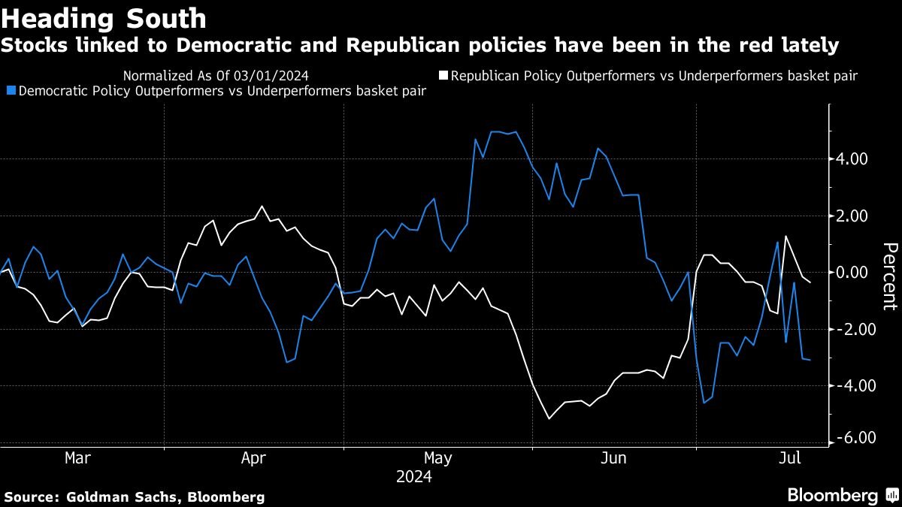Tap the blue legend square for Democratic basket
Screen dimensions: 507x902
[x=10, y=91]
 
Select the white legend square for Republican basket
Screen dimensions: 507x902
[x=443, y=75]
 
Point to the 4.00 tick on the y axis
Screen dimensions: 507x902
[x=853, y=159]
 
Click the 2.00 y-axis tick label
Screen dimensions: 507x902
[x=853, y=216]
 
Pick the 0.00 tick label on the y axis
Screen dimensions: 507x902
[x=853, y=273]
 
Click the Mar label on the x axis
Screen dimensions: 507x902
[x=78, y=457]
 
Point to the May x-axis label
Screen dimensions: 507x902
[x=437, y=457]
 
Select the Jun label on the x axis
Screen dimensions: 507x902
[x=613, y=457]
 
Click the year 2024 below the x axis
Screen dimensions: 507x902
[x=415, y=476]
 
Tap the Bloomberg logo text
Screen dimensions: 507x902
[x=832, y=496]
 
